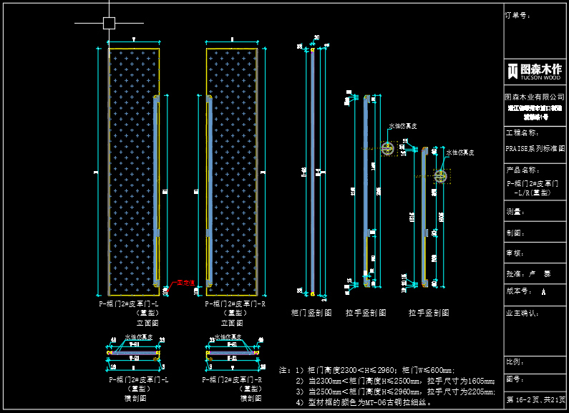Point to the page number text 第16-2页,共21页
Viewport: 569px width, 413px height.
pyautogui.click(x=536, y=399)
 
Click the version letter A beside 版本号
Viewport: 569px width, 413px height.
pyautogui.click(x=544, y=292)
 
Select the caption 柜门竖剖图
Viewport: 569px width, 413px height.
pyautogui.click(x=311, y=313)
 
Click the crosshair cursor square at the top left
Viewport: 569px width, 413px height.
pyautogui.click(x=109, y=23)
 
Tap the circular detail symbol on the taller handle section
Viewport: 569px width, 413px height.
pyautogui.click(x=388, y=148)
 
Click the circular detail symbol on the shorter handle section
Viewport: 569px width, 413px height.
pyautogui.click(x=440, y=175)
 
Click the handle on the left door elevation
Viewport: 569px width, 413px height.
pyautogui.click(x=157, y=165)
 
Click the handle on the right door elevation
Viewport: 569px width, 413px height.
pyautogui.click(x=209, y=165)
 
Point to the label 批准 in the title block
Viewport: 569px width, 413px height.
pyautogui.click(x=515, y=273)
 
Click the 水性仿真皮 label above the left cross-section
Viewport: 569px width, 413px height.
pyautogui.click(x=138, y=337)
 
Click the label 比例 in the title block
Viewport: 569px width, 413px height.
pyautogui.click(x=513, y=361)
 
